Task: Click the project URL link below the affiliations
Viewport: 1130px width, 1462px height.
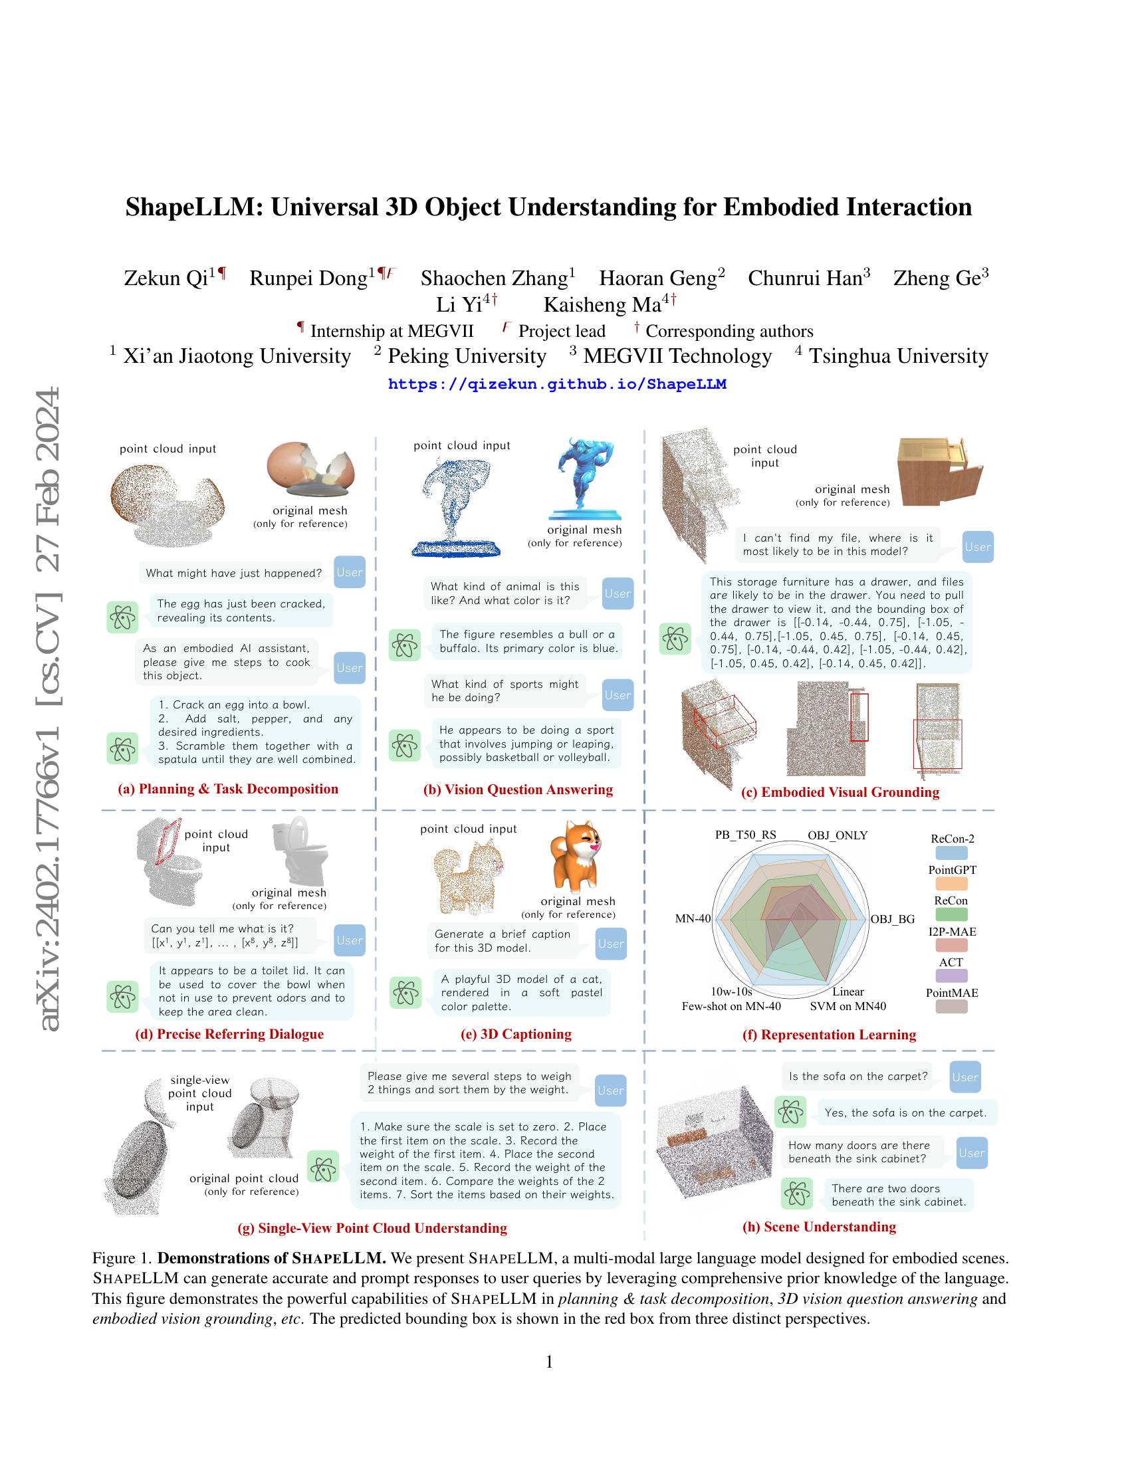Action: point(557,384)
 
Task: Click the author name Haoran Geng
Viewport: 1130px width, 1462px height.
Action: point(658,278)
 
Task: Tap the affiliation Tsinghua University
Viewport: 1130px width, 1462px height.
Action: point(899,356)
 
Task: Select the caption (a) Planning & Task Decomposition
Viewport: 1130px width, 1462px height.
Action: point(228,789)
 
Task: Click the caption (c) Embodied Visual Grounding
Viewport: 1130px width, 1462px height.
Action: point(840,793)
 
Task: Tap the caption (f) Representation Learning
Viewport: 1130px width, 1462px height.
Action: point(829,1035)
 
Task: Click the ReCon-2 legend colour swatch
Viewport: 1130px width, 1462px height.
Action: point(951,853)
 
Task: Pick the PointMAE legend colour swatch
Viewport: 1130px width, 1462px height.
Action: point(951,1006)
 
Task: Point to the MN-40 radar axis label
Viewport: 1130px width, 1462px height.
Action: point(693,919)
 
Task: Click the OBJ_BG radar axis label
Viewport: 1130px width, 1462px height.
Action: point(892,919)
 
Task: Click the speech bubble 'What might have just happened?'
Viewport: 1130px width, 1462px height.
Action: point(233,573)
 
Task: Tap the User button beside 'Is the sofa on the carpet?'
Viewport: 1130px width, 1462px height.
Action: point(964,1077)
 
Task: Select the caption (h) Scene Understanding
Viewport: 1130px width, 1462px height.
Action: point(819,1227)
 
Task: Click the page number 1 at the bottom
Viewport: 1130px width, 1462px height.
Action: point(550,1362)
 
